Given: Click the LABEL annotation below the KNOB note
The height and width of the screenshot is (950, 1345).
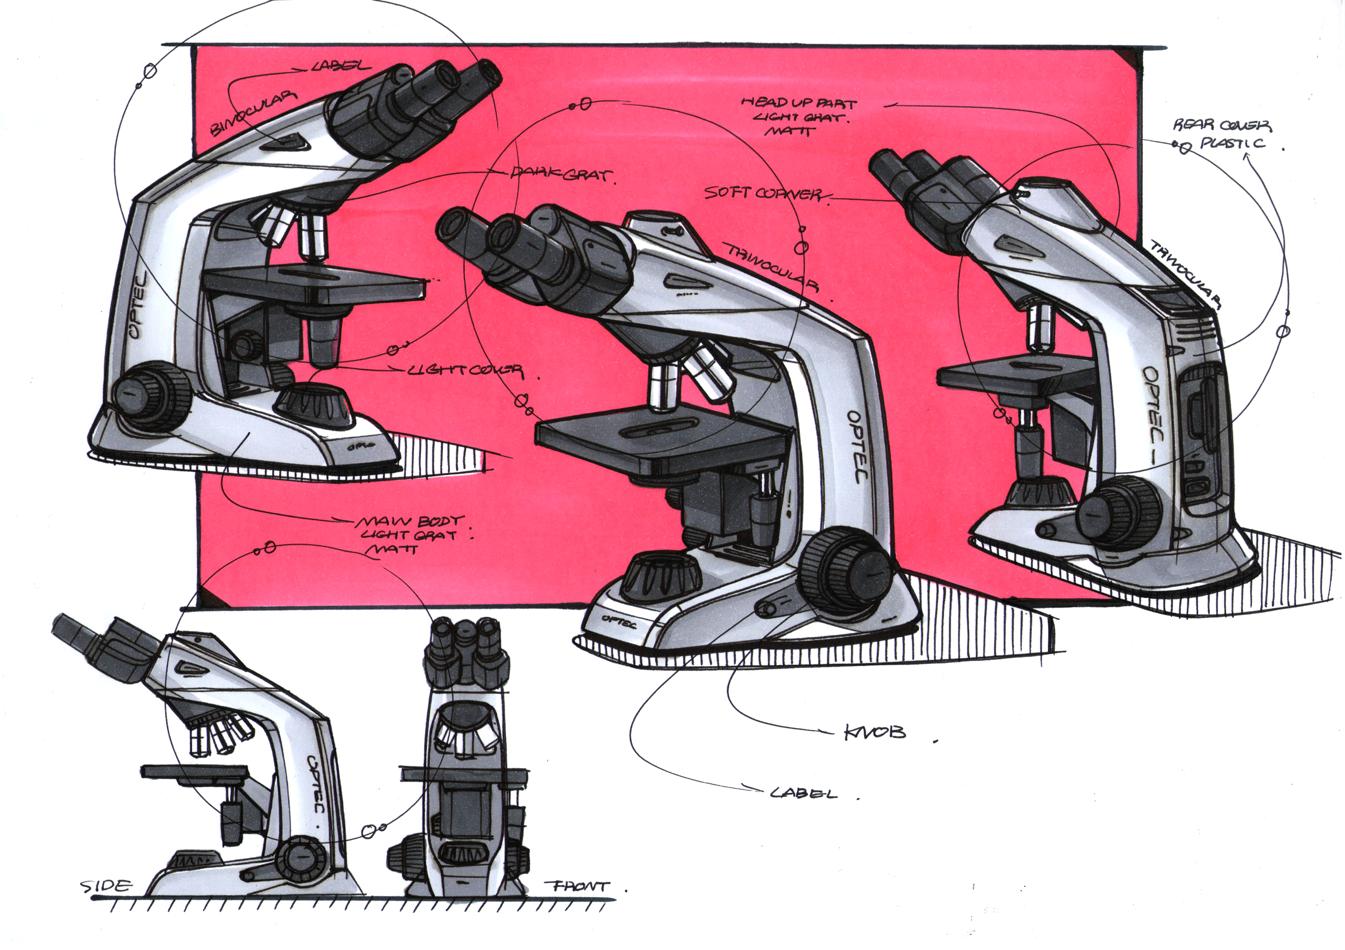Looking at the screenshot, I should point(803,793).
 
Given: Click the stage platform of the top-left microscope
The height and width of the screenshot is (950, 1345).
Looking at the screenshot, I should point(316,284).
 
